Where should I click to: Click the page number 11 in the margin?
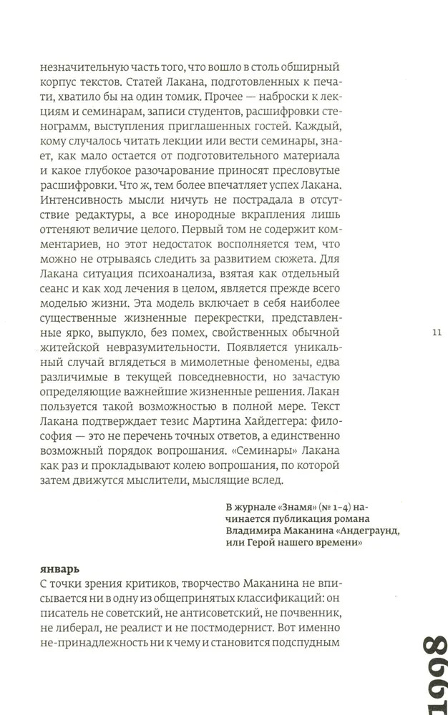click(x=438, y=332)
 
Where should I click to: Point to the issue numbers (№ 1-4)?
click(x=330, y=508)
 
